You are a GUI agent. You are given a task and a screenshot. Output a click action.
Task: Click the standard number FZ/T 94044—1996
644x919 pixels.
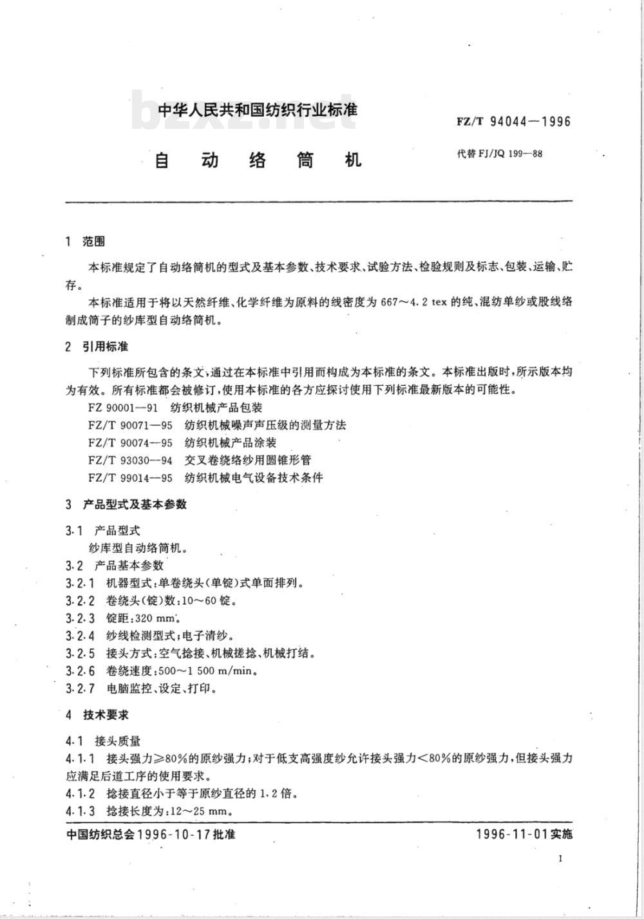[x=514, y=122]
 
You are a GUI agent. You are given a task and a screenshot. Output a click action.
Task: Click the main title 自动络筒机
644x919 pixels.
[x=258, y=160]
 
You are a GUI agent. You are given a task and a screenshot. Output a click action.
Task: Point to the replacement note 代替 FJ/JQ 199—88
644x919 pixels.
[x=499, y=154]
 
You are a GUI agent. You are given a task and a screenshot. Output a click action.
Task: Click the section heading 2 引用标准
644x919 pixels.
[x=97, y=346]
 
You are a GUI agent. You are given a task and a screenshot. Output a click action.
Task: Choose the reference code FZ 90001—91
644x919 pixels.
[x=122, y=408]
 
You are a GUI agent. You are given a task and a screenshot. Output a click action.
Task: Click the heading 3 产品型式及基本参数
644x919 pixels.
[x=126, y=504]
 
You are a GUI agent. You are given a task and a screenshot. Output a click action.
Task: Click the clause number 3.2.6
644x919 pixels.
[x=80, y=670]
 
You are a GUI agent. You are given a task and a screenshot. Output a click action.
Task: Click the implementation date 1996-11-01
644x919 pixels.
[x=512, y=834]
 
